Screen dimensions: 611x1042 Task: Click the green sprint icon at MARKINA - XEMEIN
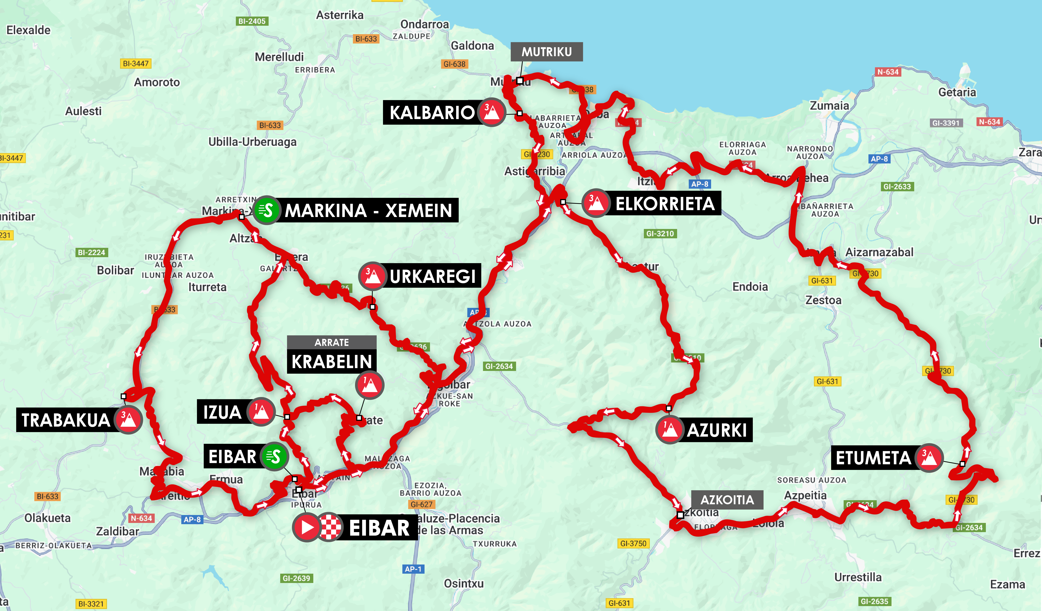pos(266,210)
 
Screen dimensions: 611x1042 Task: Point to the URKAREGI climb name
pos(432,276)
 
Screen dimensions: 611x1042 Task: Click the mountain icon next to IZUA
pos(261,412)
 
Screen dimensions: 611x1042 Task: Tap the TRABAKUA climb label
pos(66,420)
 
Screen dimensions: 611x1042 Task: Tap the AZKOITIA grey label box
pos(727,500)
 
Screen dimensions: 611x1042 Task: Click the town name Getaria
pos(957,92)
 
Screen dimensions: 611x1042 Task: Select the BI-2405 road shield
pos(252,21)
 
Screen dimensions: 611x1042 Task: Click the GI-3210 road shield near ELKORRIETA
pos(660,234)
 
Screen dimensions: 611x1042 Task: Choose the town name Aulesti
pos(83,111)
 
